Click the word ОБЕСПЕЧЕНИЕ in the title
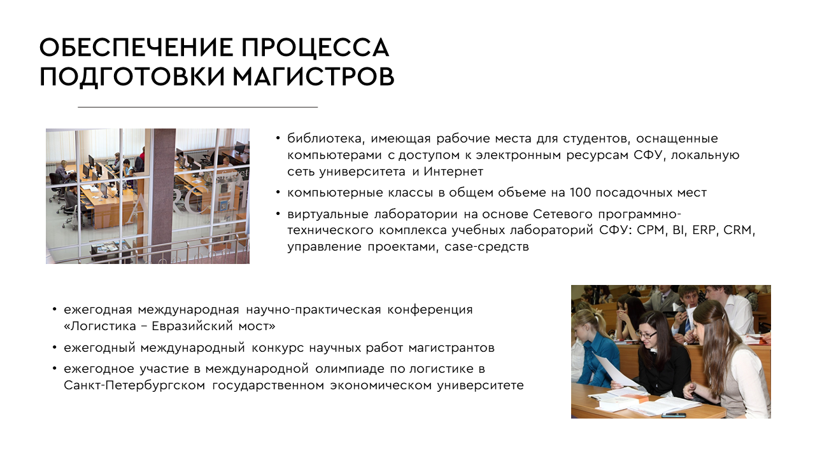(x=136, y=47)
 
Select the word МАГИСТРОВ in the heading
(x=313, y=76)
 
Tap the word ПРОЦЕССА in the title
(x=315, y=47)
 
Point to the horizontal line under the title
(x=197, y=108)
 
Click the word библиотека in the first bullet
(x=325, y=139)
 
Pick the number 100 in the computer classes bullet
(x=580, y=192)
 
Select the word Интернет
(x=453, y=171)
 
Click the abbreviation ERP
(x=704, y=230)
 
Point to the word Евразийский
(x=192, y=326)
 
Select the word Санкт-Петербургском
(x=134, y=385)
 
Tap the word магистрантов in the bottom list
(x=451, y=348)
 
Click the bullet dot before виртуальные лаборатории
(x=278, y=214)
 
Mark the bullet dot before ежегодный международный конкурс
(x=55, y=347)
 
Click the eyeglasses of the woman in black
(x=646, y=335)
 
